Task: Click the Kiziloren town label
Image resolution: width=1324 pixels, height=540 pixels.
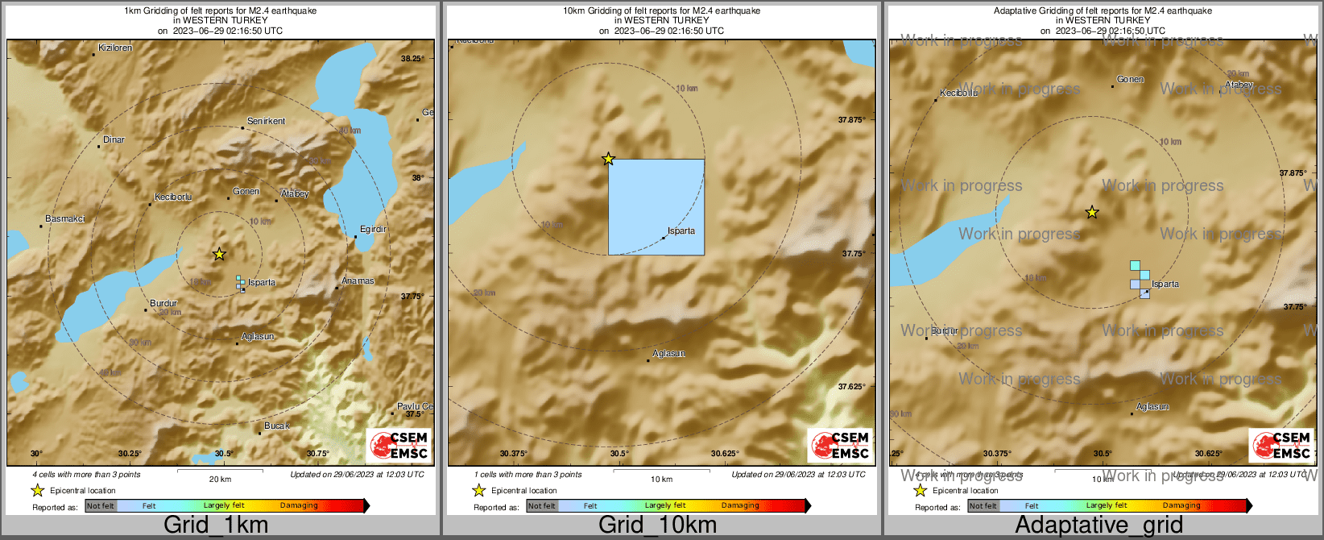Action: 115,48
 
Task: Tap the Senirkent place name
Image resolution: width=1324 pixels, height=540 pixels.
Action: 266,122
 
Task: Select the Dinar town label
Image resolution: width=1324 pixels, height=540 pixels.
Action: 114,140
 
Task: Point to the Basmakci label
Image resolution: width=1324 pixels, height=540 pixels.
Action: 65,219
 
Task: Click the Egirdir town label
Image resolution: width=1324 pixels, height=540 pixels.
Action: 373,230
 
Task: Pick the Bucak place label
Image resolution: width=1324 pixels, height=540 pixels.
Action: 276,426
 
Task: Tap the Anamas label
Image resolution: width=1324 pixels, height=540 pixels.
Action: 358,281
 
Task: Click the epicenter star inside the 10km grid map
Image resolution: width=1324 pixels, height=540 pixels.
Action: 608,160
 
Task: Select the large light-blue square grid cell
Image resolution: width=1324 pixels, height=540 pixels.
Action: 656,206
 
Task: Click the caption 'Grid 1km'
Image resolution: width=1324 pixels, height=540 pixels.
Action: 216,525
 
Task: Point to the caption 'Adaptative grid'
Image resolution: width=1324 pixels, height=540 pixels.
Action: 1099,525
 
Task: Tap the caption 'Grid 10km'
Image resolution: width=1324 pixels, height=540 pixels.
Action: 657,525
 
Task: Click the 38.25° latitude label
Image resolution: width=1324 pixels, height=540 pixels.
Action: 412,58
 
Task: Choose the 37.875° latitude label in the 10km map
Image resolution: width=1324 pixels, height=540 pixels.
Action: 852,120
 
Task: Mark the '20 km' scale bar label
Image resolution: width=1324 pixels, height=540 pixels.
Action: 220,480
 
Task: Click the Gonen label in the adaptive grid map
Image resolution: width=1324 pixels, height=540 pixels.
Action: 1130,80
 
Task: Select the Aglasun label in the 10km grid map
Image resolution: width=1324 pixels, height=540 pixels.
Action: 668,354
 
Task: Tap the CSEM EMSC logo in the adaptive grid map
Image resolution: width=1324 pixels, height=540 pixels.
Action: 1281,446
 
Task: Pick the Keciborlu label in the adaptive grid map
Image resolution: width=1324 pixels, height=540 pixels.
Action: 958,93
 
